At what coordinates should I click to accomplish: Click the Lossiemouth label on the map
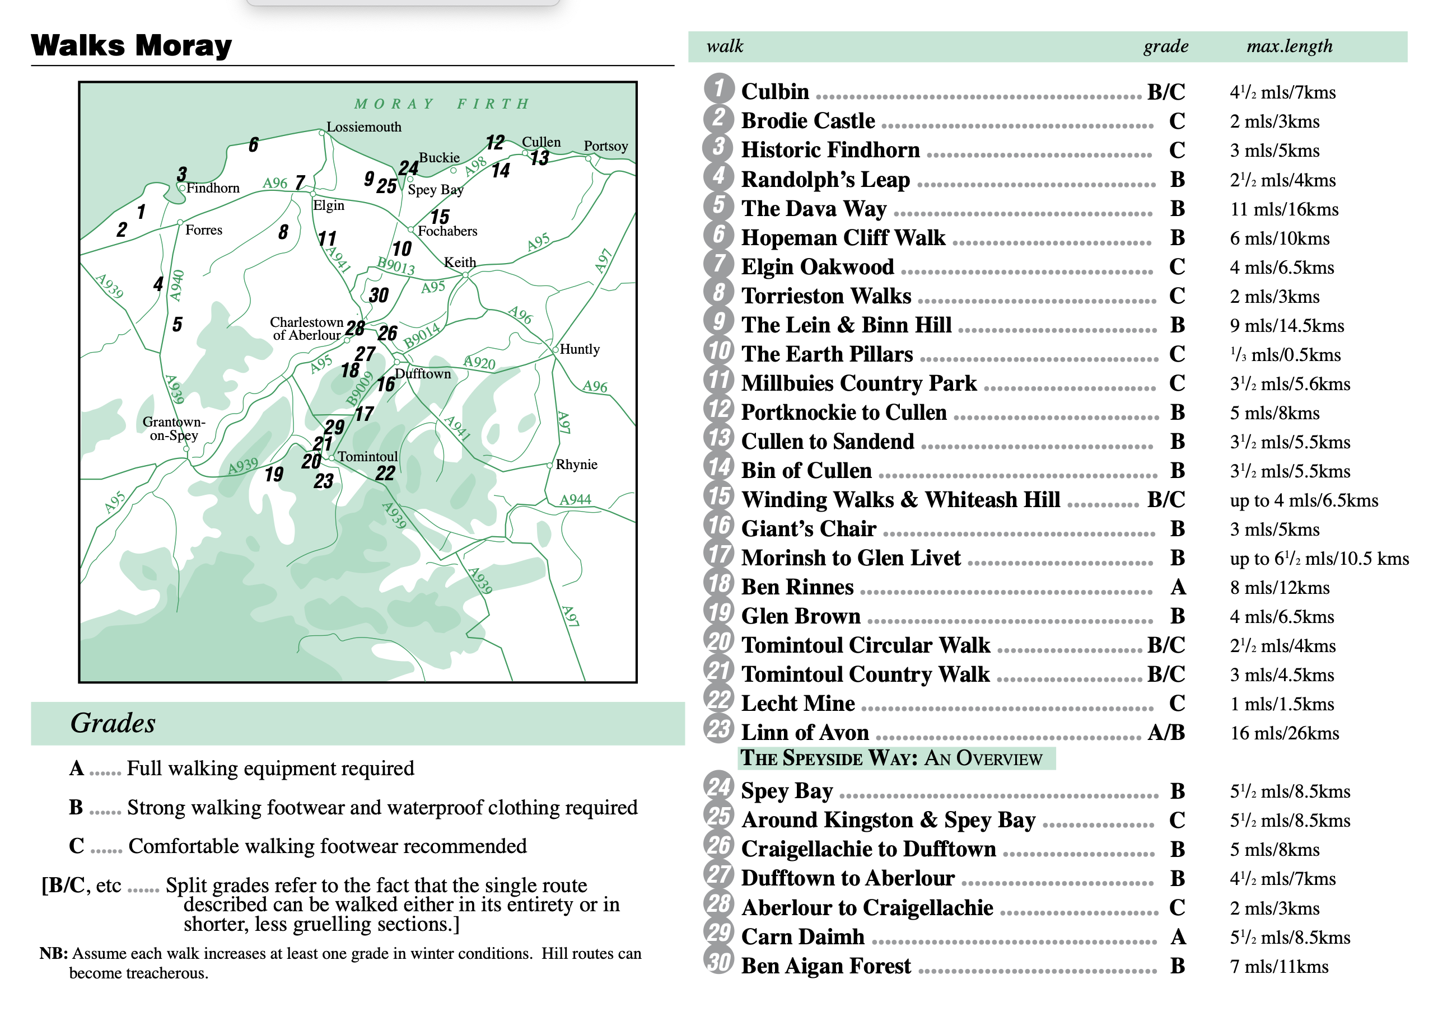[364, 127]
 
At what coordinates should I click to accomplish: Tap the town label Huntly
[580, 349]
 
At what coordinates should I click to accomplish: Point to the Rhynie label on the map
[576, 465]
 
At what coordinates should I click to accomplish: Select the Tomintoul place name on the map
[368, 457]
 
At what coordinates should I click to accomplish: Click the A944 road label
[575, 500]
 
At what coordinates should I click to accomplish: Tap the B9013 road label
[396, 265]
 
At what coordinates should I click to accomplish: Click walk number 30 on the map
[379, 295]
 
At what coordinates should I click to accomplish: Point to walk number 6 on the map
[253, 144]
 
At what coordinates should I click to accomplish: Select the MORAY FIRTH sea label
[442, 104]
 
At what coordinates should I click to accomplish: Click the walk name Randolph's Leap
[825, 180]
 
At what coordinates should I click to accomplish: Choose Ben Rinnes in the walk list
[797, 587]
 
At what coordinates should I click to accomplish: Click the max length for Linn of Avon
[1284, 733]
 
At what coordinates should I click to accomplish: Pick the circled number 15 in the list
[718, 496]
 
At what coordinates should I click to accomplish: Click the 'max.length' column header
[1289, 46]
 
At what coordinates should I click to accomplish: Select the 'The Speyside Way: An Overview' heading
[891, 758]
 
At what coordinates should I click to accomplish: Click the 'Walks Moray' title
[132, 46]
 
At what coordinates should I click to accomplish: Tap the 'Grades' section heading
[113, 723]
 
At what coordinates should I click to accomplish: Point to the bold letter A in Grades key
[76, 769]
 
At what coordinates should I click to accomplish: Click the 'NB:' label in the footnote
[54, 954]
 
